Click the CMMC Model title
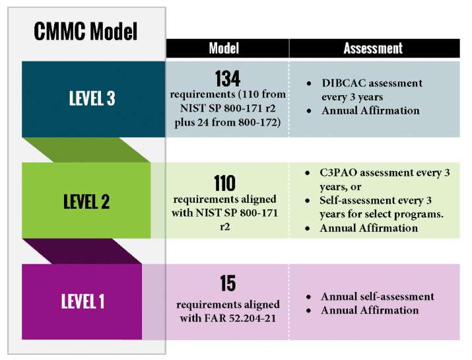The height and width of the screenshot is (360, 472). pos(85,31)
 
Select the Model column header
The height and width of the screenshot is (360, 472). pos(224,48)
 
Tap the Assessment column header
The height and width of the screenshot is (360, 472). pos(373,48)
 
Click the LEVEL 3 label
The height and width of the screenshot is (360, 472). pos(92,99)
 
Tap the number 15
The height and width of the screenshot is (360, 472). pos(228,284)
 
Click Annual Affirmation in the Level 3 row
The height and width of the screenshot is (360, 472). pos(370,110)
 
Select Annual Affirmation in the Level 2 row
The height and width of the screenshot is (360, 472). pos(368,228)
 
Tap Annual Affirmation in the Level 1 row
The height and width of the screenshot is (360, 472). pos(370,310)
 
